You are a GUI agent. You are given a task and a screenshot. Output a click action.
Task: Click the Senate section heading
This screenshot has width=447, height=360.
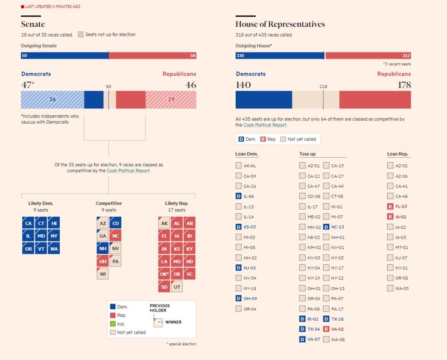[x=33, y=24]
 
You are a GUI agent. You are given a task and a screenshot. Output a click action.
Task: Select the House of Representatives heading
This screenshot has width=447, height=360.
[x=280, y=24]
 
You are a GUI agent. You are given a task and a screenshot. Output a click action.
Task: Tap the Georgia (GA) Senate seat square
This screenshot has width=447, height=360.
[x=103, y=236]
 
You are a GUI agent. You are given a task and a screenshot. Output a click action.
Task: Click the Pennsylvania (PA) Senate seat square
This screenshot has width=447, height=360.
[x=115, y=261]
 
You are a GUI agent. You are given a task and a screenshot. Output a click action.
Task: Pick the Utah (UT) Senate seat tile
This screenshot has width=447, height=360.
[x=177, y=287]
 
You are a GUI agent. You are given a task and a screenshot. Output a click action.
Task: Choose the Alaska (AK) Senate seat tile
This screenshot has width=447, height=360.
[x=164, y=223]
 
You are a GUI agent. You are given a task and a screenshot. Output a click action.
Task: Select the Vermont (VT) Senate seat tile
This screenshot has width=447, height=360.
[x=41, y=249]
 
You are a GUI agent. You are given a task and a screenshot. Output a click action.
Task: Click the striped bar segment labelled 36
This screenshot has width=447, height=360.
[x=52, y=100]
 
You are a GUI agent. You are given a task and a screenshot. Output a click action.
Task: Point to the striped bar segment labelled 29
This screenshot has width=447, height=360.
[x=171, y=100]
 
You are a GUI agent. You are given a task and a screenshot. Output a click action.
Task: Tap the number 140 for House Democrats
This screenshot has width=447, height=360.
[x=243, y=85]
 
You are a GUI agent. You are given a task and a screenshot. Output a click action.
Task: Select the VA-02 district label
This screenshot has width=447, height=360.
[x=338, y=329]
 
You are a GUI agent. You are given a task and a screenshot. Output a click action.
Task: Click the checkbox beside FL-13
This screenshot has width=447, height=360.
[x=390, y=207]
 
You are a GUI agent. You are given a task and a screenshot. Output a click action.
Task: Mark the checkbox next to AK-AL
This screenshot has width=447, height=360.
[x=238, y=166]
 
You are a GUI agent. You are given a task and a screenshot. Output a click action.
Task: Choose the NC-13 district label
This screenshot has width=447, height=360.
[x=337, y=227]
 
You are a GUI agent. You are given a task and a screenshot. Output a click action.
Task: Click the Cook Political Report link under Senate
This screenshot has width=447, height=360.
[x=128, y=171]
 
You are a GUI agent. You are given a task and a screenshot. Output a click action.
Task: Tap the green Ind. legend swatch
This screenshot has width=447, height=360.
[x=113, y=324]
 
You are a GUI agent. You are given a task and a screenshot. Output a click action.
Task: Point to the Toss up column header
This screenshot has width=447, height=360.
[x=307, y=154]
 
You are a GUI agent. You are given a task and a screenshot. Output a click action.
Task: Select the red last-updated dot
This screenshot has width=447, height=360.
[x=22, y=7]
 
